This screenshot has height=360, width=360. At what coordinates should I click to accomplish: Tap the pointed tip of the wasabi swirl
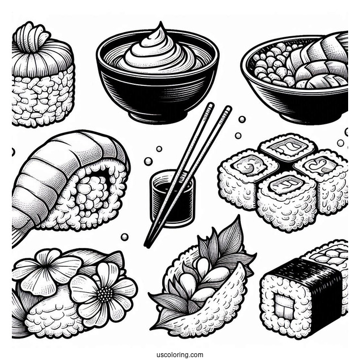[162, 25]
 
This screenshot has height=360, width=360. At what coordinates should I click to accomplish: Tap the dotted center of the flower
[103, 294]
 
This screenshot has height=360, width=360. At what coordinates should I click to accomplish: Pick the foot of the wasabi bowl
[155, 116]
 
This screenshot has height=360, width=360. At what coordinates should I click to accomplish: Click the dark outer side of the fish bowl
[300, 107]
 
